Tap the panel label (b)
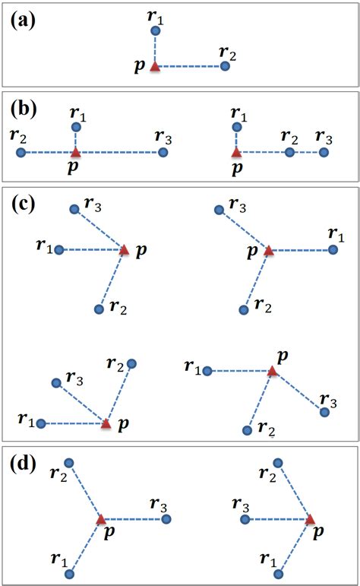pos(27,108)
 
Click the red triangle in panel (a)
pos(155,67)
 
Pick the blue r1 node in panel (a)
pos(155,31)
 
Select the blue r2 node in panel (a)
pos(225,67)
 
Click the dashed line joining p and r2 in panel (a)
pos(190,67)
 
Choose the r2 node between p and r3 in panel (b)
pos(289,153)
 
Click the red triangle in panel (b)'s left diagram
pos(75,153)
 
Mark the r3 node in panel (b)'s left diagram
pos(163,153)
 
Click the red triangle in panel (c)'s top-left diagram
pos(125,249)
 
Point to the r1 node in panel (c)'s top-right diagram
pos(333,249)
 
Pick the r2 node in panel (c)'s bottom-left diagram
pos(131,364)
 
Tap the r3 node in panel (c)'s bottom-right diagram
pos(324,412)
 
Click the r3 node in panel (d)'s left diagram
pos(166,520)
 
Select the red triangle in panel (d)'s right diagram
pos(311,520)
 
